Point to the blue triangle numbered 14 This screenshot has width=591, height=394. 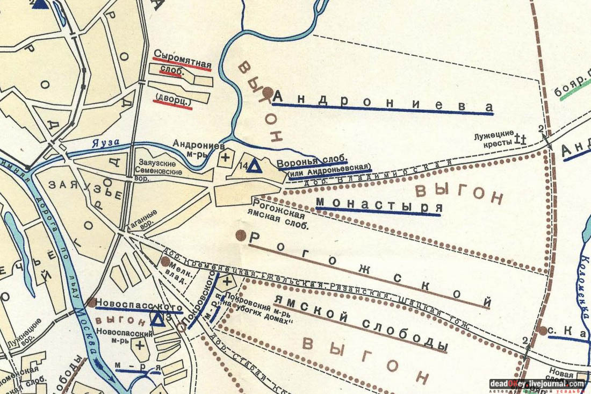coord(255,166)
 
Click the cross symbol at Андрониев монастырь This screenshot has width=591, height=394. coord(225,157)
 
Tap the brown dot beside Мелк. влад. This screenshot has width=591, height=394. coord(165,261)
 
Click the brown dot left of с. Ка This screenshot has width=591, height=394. coord(543,331)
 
